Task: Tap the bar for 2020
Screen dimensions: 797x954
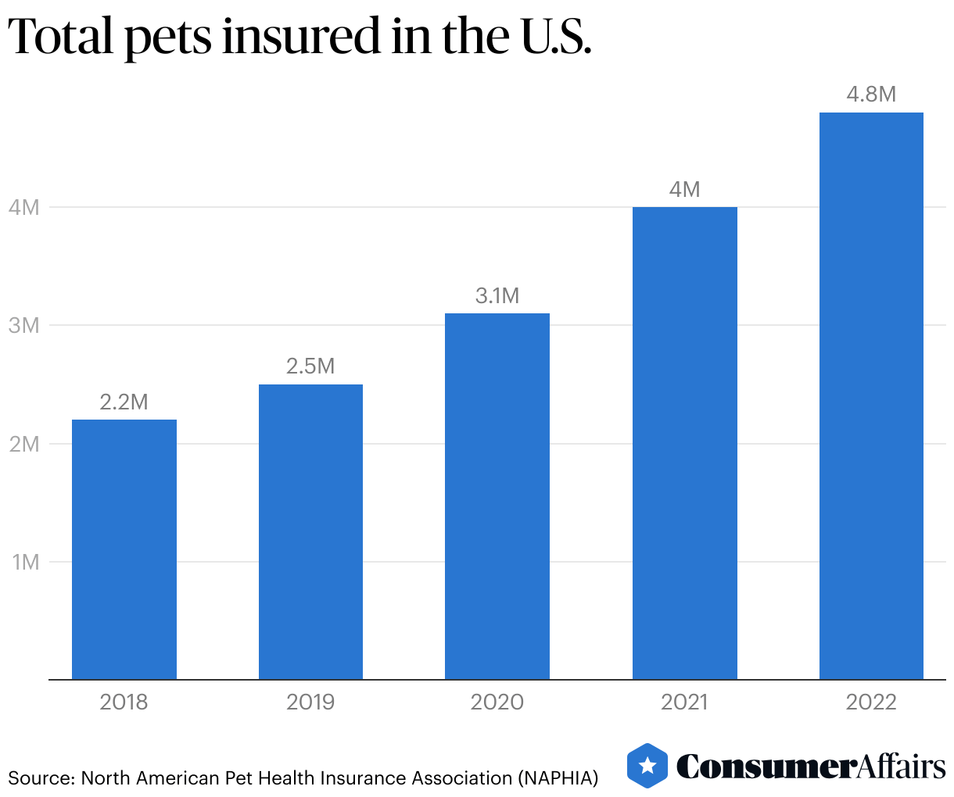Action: pos(497,496)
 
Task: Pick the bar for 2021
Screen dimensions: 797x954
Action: pos(684,443)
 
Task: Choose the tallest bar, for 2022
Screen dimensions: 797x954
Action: pos(871,396)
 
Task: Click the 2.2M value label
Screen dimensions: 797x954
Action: pos(124,402)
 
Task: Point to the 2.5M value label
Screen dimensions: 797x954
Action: pos(310,366)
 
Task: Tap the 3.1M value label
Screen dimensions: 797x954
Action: pos(497,296)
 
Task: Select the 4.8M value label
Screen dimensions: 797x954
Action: pos(871,95)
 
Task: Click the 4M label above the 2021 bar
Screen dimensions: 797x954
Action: pos(684,190)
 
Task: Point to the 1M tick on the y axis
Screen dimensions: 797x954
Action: pos(25,562)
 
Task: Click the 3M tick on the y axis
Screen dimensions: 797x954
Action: pos(24,326)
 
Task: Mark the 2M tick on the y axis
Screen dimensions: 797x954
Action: pos(24,444)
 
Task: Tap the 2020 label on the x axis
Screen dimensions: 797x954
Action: pos(497,702)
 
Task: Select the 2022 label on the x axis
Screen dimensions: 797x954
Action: pos(871,702)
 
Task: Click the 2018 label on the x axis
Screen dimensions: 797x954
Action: pos(124,702)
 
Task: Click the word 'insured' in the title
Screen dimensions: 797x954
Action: pos(301,38)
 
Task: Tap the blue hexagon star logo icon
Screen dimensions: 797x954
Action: pos(647,766)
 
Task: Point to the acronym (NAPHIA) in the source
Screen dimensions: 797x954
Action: pos(558,778)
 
